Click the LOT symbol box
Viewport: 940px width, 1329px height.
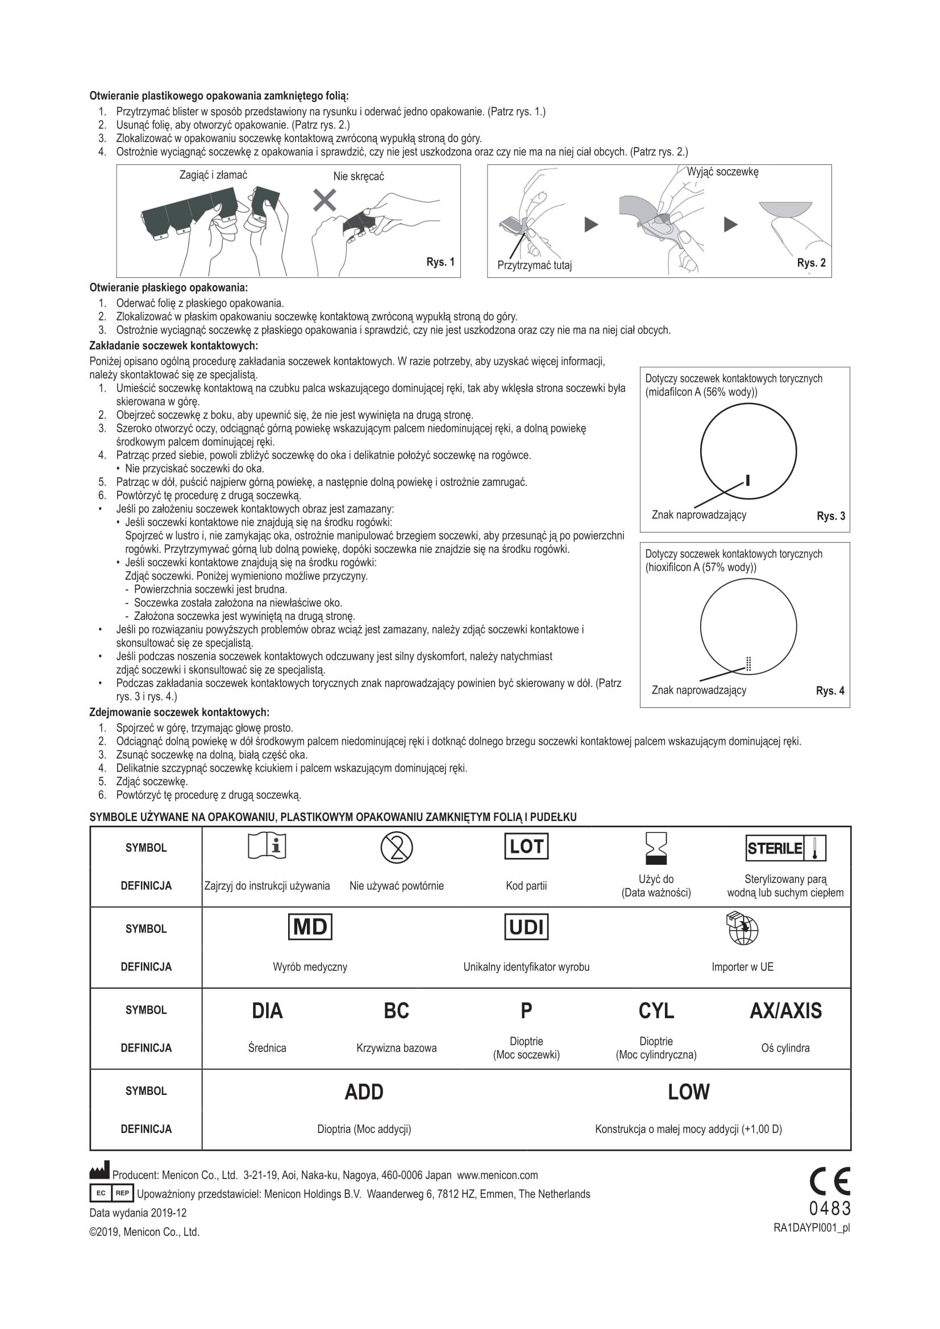click(x=526, y=846)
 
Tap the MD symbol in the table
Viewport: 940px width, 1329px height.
click(x=310, y=927)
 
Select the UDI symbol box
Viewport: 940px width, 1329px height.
click(x=526, y=927)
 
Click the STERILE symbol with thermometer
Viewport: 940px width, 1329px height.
click(x=785, y=848)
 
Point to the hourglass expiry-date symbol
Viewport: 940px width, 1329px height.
click(x=656, y=848)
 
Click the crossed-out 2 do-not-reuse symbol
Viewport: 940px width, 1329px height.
click(x=397, y=848)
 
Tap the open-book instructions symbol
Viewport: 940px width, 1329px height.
click(x=267, y=847)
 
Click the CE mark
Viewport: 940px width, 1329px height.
click(x=829, y=1181)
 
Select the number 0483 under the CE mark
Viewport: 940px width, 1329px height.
click(x=830, y=1209)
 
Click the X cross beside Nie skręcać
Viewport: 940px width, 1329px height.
click(x=325, y=200)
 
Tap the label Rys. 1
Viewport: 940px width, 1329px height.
click(x=440, y=262)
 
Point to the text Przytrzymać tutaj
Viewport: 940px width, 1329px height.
click(x=534, y=266)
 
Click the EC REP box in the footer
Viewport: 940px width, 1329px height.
click(x=112, y=1193)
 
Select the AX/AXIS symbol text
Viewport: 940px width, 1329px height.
click(x=785, y=1011)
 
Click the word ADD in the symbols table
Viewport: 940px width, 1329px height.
click(x=364, y=1091)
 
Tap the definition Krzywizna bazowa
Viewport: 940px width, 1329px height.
click(x=397, y=1048)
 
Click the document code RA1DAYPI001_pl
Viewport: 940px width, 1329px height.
click(x=812, y=1228)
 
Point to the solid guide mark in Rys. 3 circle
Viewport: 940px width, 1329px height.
click(x=748, y=480)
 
